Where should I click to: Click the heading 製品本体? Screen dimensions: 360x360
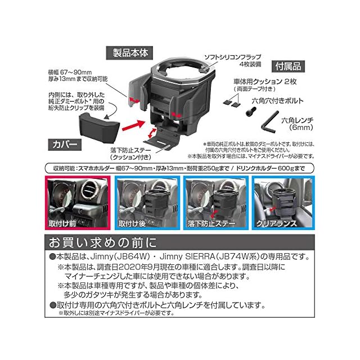(x=129, y=55)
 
